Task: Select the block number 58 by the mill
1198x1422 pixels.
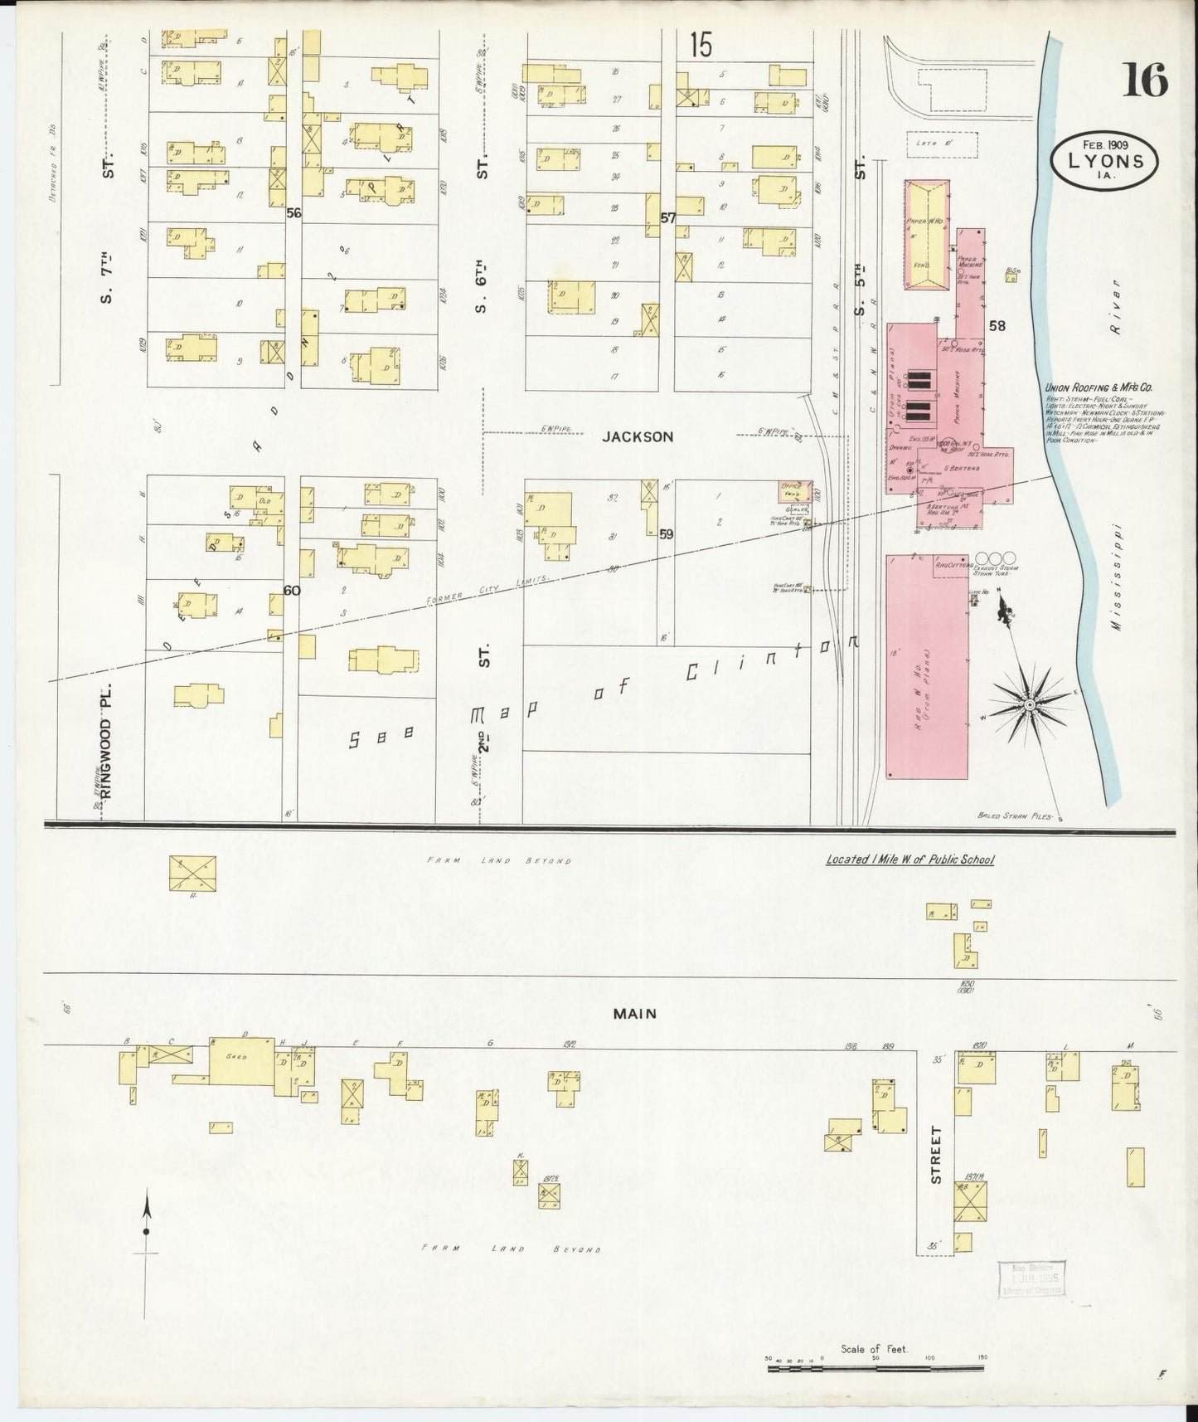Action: click(997, 326)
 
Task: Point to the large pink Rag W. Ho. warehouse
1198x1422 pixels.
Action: click(927, 666)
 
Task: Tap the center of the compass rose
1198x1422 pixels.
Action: click(1029, 704)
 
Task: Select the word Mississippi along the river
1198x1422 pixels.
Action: click(1117, 577)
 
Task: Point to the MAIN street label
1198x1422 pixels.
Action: click(635, 1014)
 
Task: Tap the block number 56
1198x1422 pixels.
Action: click(293, 213)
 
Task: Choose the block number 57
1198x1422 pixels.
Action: click(668, 218)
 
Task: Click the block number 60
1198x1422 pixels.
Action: click(291, 591)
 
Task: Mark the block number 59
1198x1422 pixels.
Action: click(666, 535)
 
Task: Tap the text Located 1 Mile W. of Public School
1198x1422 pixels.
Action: click(909, 860)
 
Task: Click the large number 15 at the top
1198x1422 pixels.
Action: click(701, 46)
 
